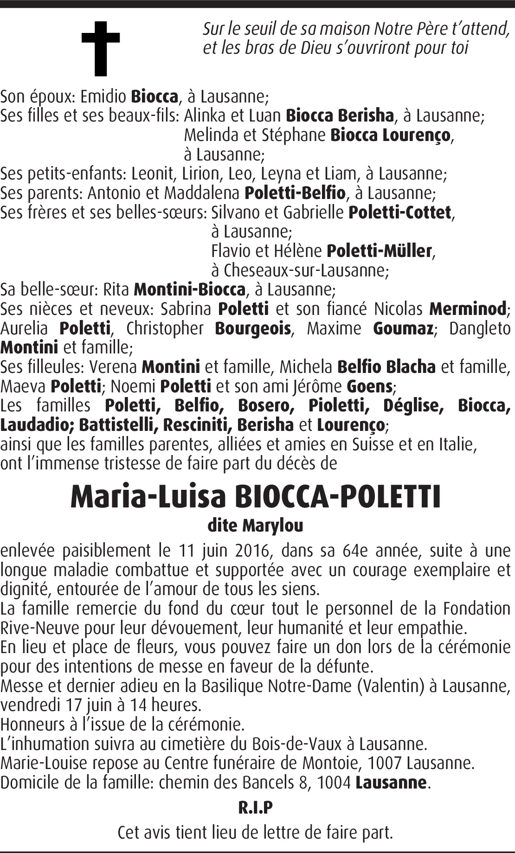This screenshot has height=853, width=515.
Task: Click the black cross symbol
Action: (x=101, y=48)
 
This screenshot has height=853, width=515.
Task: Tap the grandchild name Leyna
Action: (x=279, y=173)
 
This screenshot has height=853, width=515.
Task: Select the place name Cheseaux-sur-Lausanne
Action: (x=305, y=270)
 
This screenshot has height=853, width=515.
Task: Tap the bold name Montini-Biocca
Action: (x=189, y=289)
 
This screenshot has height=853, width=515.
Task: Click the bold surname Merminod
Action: (x=468, y=308)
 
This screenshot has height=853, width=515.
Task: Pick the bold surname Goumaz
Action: (x=403, y=328)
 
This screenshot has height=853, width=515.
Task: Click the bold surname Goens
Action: (x=370, y=386)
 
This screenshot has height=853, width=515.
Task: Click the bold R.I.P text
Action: (x=255, y=807)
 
